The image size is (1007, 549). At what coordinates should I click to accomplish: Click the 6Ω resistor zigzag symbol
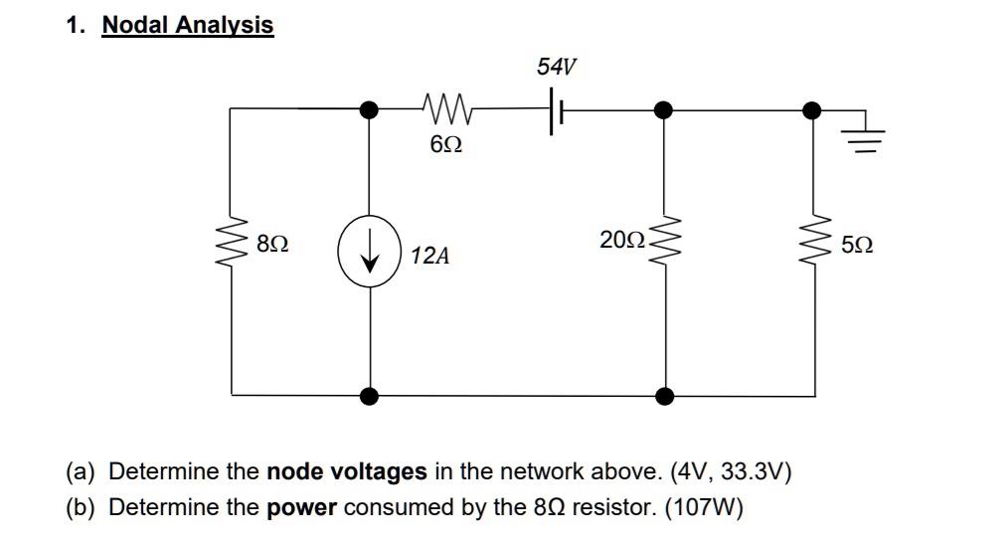tap(446, 106)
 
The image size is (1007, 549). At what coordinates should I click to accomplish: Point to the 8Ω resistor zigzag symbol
tap(233, 244)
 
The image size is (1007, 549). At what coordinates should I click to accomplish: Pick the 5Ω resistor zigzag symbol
tap(814, 244)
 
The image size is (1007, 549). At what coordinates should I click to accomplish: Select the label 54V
tap(556, 68)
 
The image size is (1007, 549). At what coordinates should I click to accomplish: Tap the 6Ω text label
tap(446, 145)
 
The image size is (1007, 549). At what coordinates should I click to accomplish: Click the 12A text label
tap(429, 257)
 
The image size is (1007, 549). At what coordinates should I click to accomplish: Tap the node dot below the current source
tap(370, 396)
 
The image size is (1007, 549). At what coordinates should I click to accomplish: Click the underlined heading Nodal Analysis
tap(188, 25)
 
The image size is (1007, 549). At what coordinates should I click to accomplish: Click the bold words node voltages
tap(348, 470)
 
